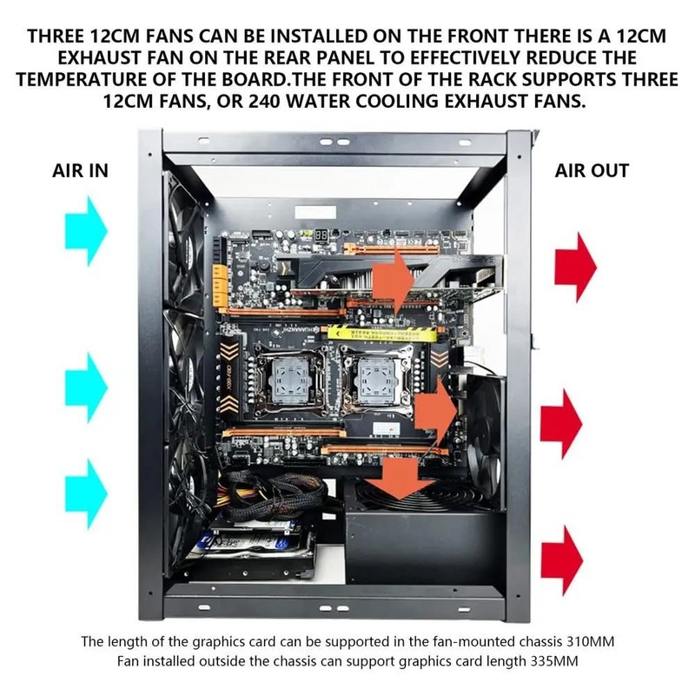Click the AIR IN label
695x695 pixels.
(80, 170)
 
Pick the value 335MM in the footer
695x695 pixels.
(550, 663)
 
